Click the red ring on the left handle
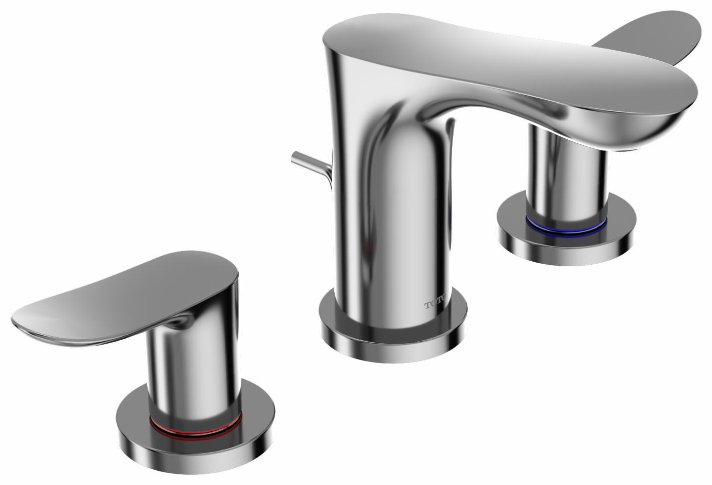pos(195,428)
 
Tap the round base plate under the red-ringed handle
pos(197,446)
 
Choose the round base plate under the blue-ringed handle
pos(566,243)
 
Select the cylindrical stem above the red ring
pos(195,375)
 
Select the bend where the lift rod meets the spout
pos(327,175)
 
